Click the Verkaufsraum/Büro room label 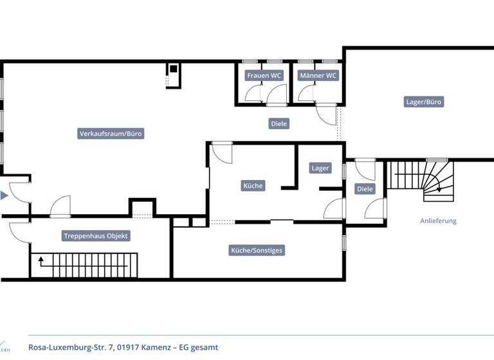[x=111, y=134]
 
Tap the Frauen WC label [x=264, y=75]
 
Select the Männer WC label [x=318, y=75]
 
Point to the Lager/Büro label [x=425, y=102]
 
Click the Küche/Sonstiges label [x=257, y=250]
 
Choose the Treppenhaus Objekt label [x=96, y=236]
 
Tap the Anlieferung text [x=438, y=221]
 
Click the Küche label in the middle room [x=253, y=186]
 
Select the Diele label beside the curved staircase [x=365, y=189]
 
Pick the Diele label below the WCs [x=279, y=123]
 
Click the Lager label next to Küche [x=320, y=168]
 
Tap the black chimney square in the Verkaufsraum [x=173, y=69]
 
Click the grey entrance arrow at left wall [x=5, y=195]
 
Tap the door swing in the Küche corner [x=221, y=153]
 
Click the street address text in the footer [x=123, y=347]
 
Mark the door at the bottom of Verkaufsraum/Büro [x=60, y=207]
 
